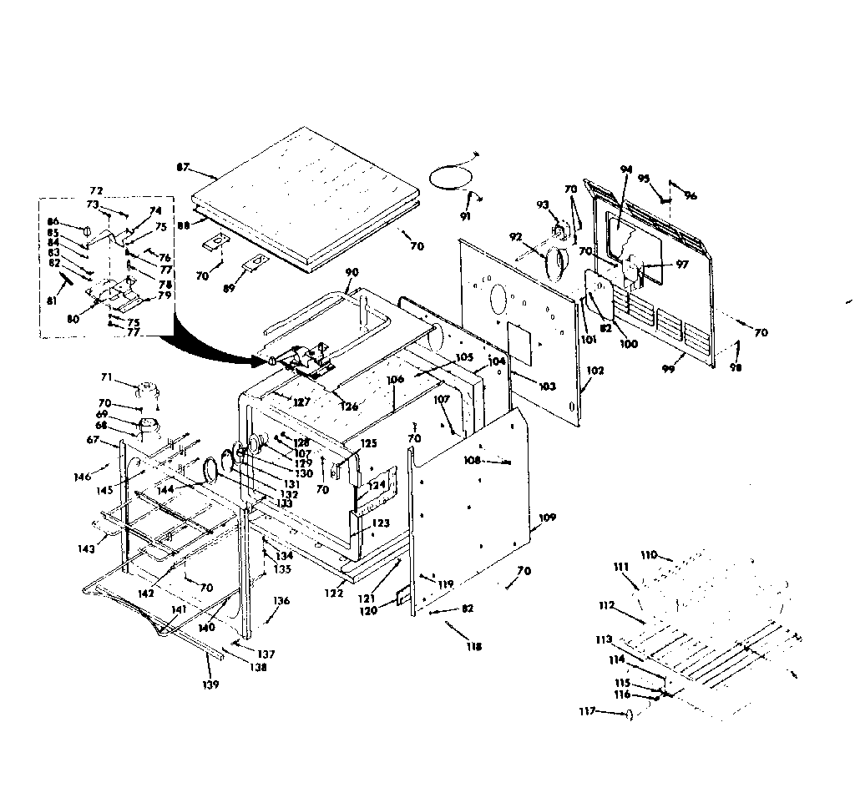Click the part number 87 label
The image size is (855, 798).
[x=183, y=168]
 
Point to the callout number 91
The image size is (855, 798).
[x=465, y=217]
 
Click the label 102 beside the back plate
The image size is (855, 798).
[x=595, y=368]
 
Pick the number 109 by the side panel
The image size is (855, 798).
[x=547, y=518]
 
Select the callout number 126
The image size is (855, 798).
[x=348, y=407]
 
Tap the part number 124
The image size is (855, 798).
[x=377, y=484]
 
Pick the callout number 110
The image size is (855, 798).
[x=650, y=554]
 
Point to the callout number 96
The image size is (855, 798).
[x=690, y=196]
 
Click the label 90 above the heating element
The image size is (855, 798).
[x=352, y=273]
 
